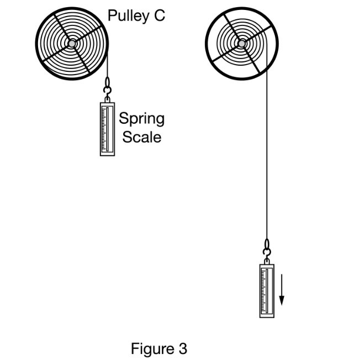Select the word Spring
pos(141,119)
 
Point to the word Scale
pos(142,136)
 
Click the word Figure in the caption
pos(151,349)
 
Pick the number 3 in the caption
pos(182,349)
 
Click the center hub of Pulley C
pos(72,43)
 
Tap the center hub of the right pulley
pos(241,43)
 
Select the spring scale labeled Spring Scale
pos(108,128)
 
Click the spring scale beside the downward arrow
pos(267,291)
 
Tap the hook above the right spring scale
pos(267,248)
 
